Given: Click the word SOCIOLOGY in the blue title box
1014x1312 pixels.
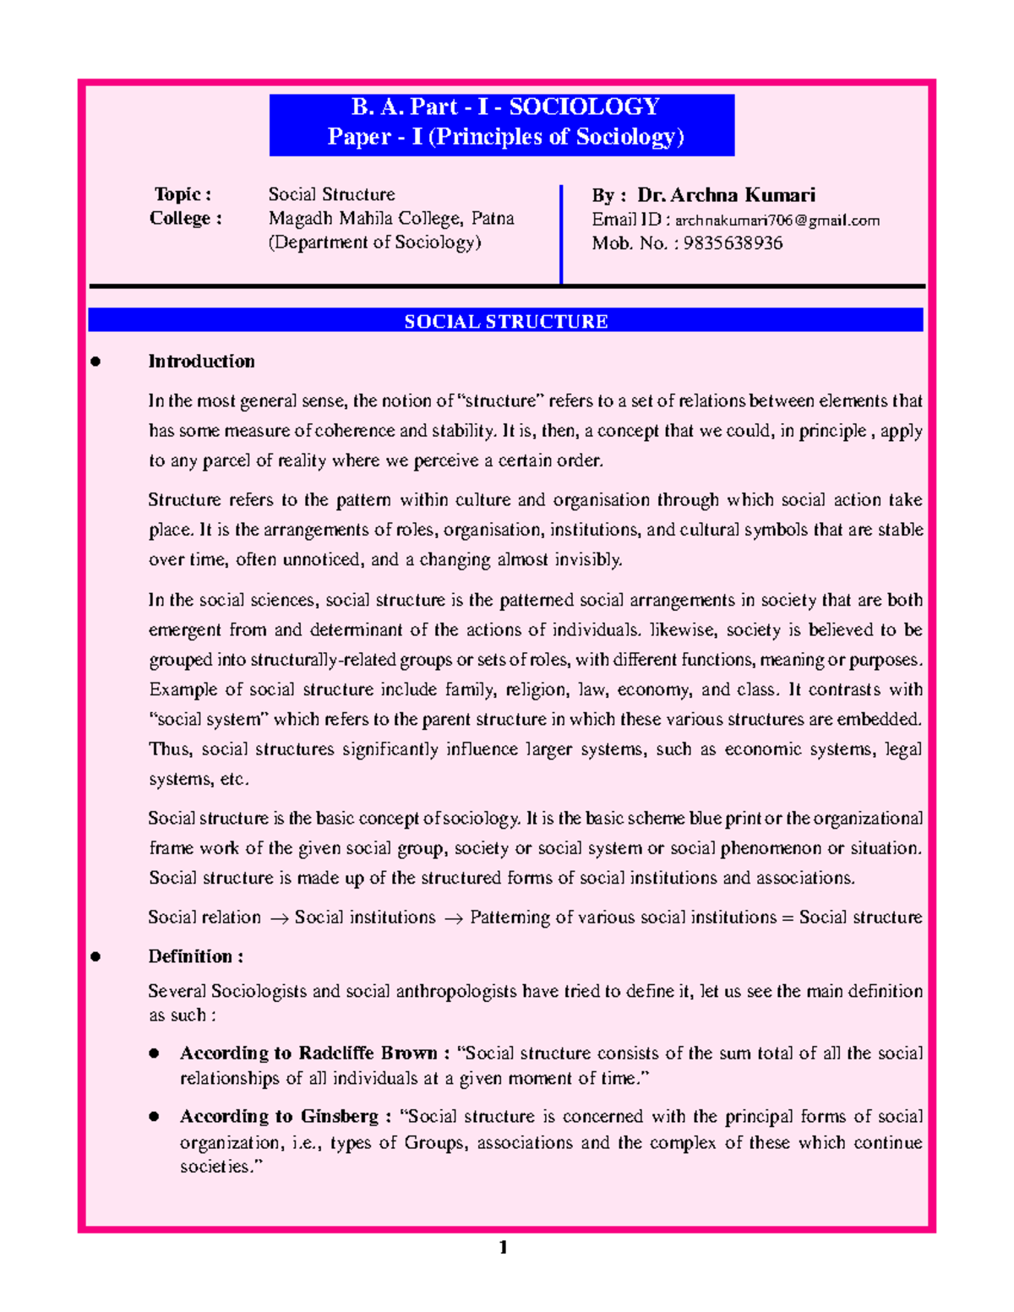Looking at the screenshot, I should coord(584,107).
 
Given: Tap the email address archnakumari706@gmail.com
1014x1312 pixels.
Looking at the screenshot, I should coord(777,220).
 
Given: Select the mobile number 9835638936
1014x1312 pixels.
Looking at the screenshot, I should coord(733,243).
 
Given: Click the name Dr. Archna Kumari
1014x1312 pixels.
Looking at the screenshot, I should coord(726,195).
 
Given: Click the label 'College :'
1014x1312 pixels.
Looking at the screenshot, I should coord(186,218).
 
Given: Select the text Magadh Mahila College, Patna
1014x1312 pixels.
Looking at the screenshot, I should coord(391,218).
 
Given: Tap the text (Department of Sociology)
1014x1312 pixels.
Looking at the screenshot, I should coord(374,242).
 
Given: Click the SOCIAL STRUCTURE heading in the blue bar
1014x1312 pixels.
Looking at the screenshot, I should coord(505,321).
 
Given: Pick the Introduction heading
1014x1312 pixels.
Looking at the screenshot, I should coord(201,362).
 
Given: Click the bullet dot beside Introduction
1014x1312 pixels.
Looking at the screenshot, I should coord(95,362).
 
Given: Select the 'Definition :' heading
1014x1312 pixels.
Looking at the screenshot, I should coord(195,956).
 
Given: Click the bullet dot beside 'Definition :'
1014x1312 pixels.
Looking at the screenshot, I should coord(95,957).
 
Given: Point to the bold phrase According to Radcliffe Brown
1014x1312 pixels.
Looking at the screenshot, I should coord(308,1053).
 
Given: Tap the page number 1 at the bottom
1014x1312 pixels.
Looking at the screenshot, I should coord(504,1247).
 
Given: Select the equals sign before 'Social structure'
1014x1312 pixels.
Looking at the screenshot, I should coord(788,918).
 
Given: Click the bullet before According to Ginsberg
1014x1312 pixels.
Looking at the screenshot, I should coord(154,1117).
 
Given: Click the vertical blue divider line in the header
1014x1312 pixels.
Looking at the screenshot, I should coord(561,234).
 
